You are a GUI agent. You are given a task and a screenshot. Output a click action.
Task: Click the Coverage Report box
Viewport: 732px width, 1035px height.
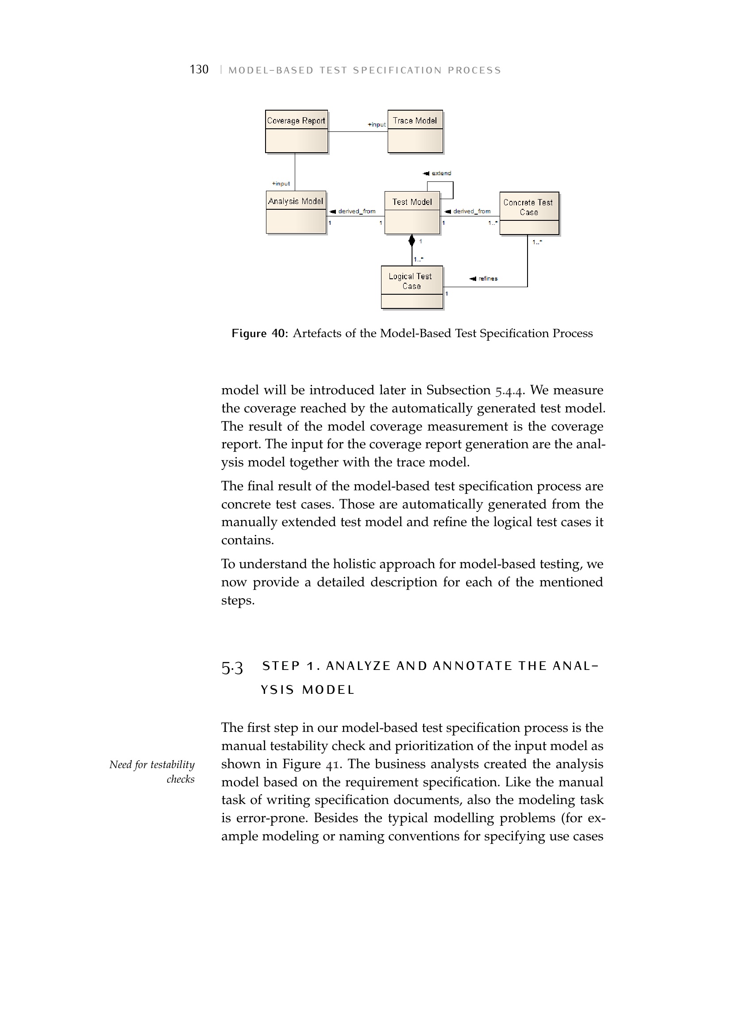(296, 131)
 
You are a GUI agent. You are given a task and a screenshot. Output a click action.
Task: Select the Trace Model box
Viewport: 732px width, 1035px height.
(415, 131)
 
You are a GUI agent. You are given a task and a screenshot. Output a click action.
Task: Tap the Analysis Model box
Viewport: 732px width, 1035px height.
(296, 213)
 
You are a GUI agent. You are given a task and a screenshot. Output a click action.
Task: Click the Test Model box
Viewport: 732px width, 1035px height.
(412, 213)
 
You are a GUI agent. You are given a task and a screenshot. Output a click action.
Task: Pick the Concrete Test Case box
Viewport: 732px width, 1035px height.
(529, 213)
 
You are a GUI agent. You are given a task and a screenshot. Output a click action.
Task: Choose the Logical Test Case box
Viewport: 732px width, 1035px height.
(412, 287)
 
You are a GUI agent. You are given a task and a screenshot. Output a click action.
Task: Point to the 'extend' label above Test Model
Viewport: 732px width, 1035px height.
(441, 173)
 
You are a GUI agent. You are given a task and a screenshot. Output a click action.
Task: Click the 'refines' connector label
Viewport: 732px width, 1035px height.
(487, 279)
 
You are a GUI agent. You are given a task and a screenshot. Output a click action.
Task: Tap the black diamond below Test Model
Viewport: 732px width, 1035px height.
(412, 240)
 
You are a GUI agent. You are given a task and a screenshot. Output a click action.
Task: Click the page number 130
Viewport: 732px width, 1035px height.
(199, 69)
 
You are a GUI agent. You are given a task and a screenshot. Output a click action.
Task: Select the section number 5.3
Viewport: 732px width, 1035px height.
(232, 667)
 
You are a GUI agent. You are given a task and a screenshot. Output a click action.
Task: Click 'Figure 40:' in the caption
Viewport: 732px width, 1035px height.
(259, 333)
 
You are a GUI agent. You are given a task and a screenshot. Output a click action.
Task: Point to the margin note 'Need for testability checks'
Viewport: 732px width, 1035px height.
(152, 772)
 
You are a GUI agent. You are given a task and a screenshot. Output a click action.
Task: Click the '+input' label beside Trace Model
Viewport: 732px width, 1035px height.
(377, 124)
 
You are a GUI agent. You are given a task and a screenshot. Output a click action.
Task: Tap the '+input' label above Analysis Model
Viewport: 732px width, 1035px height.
(281, 184)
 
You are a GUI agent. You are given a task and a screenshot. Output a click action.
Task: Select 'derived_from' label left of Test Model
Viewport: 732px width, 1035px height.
(356, 211)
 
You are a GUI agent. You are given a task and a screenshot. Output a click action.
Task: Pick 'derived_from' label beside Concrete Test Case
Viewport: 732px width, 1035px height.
(471, 211)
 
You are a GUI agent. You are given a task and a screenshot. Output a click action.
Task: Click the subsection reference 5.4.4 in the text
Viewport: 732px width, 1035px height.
(509, 390)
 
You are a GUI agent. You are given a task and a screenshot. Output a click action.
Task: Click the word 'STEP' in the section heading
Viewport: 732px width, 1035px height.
(281, 666)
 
